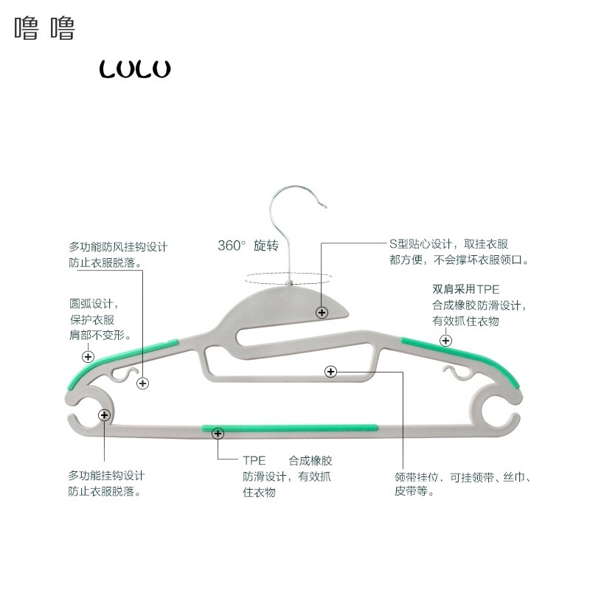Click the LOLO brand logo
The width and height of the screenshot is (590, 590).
pos(135,69)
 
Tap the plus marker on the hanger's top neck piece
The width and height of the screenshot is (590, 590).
pos(322,313)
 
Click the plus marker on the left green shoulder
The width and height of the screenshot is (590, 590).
pos(88,357)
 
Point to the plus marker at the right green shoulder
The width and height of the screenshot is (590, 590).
pos(445,340)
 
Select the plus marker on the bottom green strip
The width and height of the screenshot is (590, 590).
pos(218,434)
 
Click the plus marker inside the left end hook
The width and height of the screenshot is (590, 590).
pos(104,415)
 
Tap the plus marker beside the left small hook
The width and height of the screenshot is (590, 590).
pos(143,383)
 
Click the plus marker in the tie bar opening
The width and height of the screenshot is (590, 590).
pos(330,372)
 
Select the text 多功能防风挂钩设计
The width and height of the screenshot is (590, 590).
pos(119,246)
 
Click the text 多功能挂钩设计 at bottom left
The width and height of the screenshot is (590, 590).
pos(107,475)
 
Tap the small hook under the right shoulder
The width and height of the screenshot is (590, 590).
pos(453,372)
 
